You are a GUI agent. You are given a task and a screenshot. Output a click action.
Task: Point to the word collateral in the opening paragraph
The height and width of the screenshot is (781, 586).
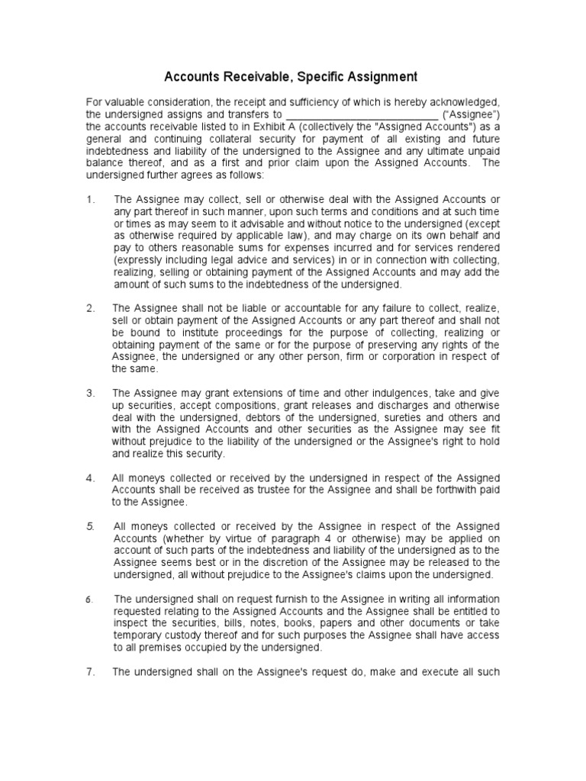coord(259,137)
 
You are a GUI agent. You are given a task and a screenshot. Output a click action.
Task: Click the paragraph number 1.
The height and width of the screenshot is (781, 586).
coord(90,199)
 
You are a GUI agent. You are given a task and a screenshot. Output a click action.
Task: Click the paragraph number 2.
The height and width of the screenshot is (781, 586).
coord(90,307)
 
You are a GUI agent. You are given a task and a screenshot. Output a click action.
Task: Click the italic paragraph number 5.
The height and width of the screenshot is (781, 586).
coord(90,526)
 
